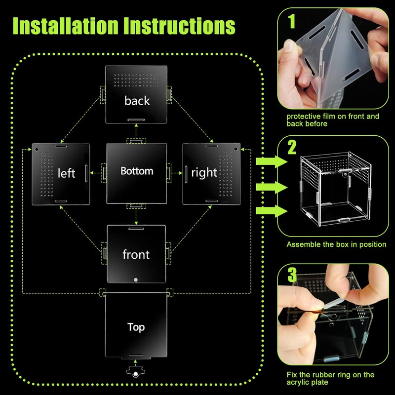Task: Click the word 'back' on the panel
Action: point(137,101)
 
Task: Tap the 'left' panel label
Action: point(67,173)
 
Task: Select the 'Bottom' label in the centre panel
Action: point(137,171)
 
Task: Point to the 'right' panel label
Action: point(204,172)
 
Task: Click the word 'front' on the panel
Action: point(136,254)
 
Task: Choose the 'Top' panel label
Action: point(136,327)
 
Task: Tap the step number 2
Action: point(292,147)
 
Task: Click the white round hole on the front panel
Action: point(136,280)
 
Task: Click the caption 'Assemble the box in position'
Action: point(336,244)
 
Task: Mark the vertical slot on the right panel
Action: point(186,172)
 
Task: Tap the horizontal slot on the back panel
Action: point(136,119)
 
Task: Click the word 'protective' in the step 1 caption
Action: point(303,117)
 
